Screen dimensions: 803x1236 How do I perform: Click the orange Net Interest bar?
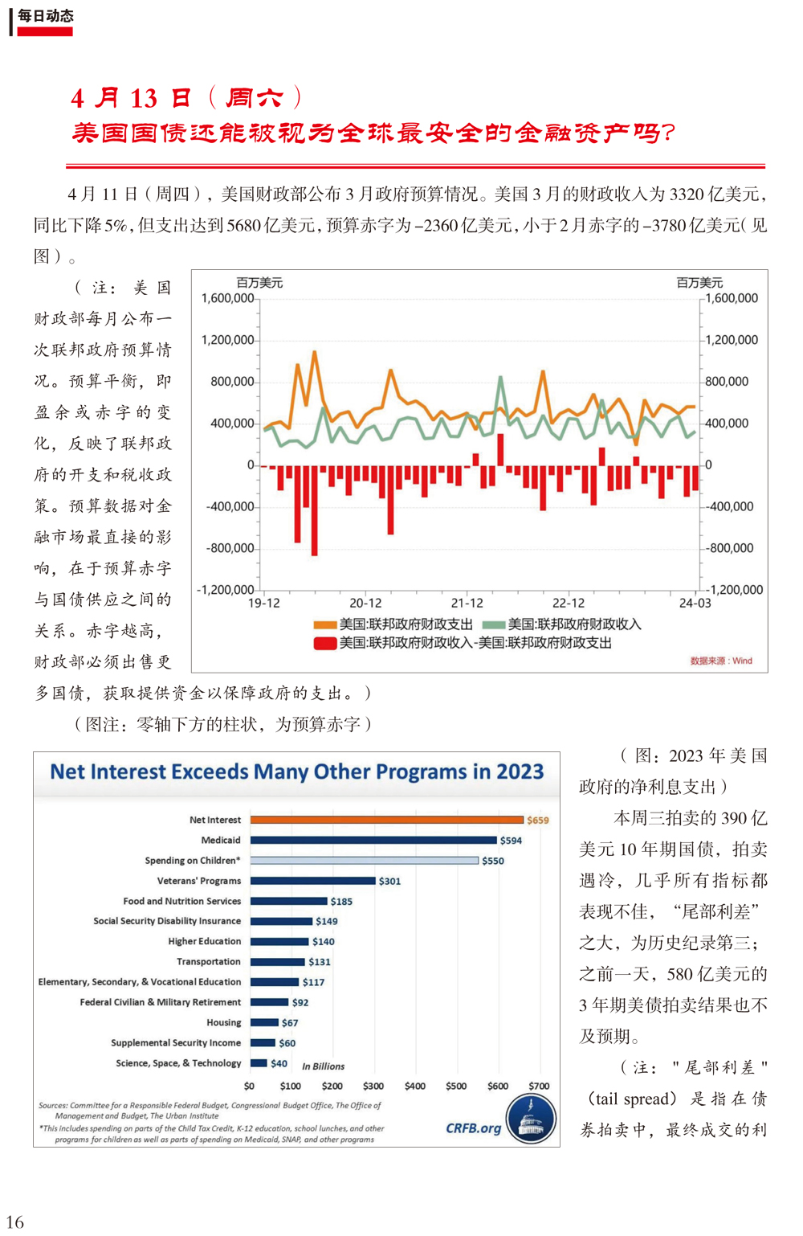tap(386, 820)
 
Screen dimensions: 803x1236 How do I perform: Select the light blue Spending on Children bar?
tap(364, 860)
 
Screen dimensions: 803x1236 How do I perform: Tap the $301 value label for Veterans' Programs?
tap(390, 882)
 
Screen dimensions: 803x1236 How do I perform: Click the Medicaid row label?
tap(221, 840)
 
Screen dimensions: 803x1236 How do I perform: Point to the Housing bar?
tap(264, 1022)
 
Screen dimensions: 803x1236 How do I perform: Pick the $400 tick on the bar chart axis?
tap(414, 1086)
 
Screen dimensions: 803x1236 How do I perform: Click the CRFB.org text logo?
tap(473, 1128)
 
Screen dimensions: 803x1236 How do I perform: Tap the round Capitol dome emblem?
tap(531, 1119)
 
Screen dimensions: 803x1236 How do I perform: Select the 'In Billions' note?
tap(323, 1066)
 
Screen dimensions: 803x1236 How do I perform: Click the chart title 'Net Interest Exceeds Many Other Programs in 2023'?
tap(297, 771)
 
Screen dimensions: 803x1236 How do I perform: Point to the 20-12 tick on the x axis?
tap(365, 603)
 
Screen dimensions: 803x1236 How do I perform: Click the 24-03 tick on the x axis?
tap(695, 603)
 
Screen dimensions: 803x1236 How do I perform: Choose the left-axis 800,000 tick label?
tap(232, 381)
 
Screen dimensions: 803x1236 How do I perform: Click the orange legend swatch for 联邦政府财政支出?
tap(325, 624)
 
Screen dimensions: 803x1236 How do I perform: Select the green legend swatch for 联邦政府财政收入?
tap(494, 624)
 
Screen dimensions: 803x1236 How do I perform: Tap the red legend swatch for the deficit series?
tap(325, 644)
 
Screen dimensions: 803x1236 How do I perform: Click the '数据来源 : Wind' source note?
tap(721, 661)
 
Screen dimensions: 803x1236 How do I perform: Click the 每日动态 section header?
tap(45, 16)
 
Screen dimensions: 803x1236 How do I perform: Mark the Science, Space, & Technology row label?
tap(178, 1063)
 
